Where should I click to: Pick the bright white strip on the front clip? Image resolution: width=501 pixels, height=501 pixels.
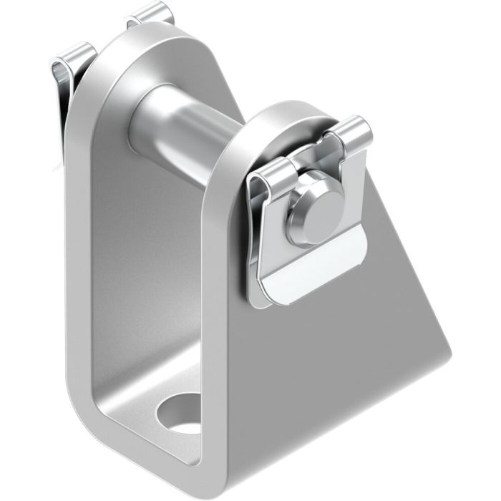point(315,268)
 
